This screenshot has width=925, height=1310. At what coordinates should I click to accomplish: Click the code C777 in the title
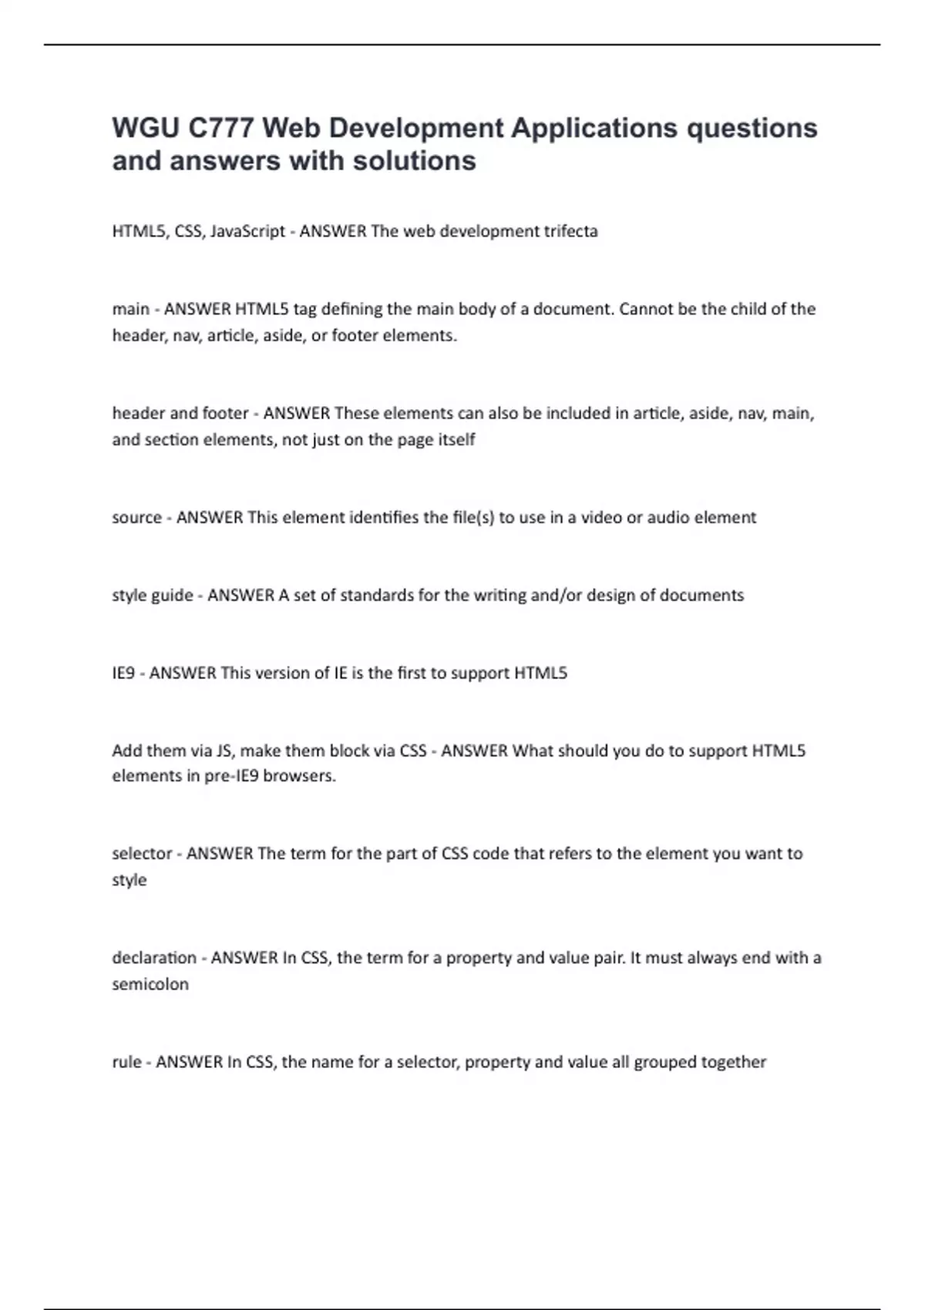pyautogui.click(x=220, y=128)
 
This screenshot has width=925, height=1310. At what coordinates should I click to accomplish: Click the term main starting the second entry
pyautogui.click(x=130, y=309)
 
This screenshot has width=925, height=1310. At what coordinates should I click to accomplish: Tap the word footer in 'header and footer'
pyautogui.click(x=225, y=413)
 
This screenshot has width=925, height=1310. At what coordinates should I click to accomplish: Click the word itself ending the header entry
pyautogui.click(x=457, y=440)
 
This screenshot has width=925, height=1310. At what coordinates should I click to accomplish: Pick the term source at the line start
pyautogui.click(x=136, y=517)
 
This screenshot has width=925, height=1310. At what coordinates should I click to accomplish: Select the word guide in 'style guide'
pyautogui.click(x=173, y=595)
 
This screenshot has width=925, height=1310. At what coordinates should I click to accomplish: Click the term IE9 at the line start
pyautogui.click(x=123, y=673)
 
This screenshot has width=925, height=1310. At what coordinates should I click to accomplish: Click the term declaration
pyautogui.click(x=154, y=958)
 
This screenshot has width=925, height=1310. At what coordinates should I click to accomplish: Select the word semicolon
pyautogui.click(x=150, y=984)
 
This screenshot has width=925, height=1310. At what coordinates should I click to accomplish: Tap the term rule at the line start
pyautogui.click(x=126, y=1062)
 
